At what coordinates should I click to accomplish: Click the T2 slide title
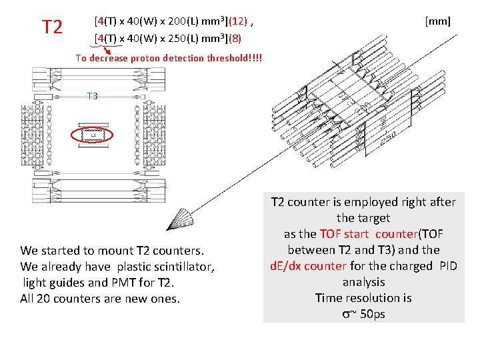click(x=52, y=27)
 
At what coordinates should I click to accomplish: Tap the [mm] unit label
click(x=437, y=22)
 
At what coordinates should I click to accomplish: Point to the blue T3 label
click(x=92, y=96)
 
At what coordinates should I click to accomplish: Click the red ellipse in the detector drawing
click(x=92, y=135)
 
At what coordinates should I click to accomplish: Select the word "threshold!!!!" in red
click(x=235, y=58)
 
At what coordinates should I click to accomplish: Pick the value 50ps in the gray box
click(x=372, y=314)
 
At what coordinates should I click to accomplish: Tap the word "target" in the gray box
click(x=374, y=218)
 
